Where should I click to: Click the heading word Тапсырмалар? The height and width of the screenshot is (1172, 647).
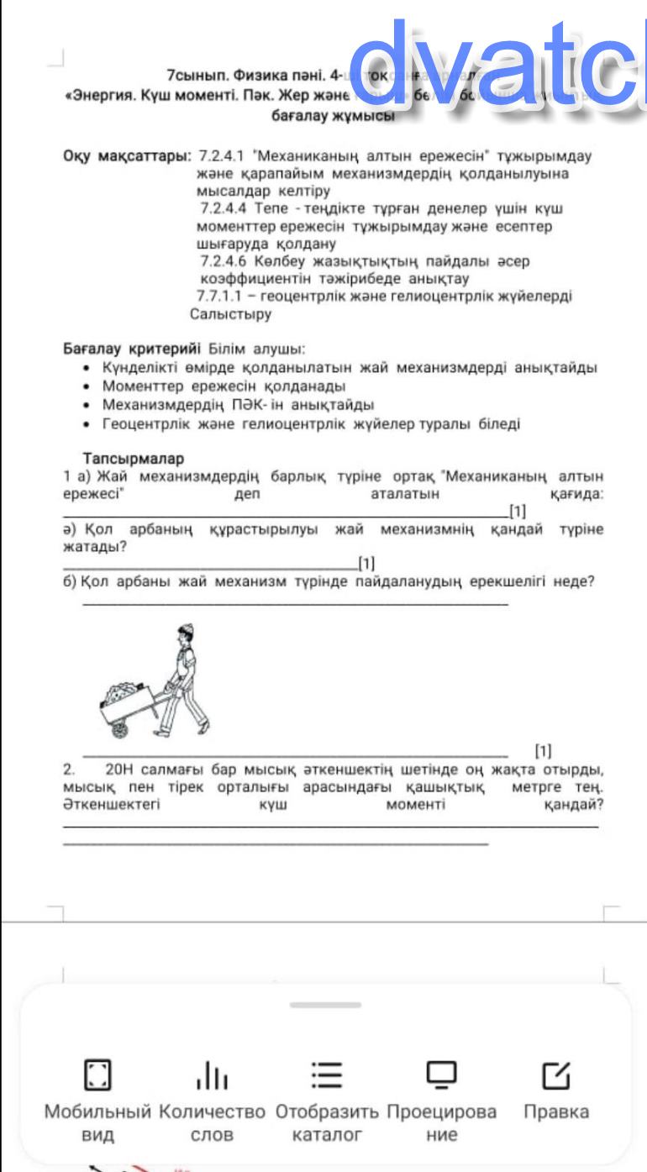(134, 458)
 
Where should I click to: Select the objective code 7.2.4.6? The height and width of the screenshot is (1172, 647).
(221, 261)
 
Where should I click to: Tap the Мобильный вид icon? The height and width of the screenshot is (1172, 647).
(98, 1074)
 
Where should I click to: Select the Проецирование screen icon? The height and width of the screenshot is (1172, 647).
(441, 1074)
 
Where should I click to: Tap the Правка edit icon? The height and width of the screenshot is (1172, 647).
(555, 1074)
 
